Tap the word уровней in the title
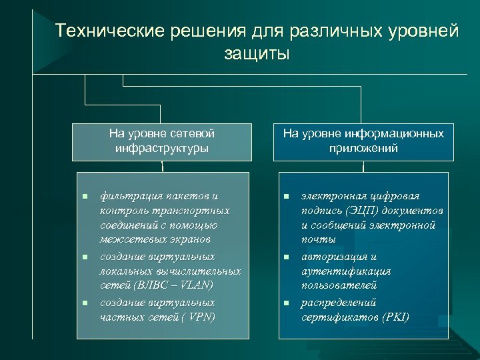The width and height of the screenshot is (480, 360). tap(421, 31)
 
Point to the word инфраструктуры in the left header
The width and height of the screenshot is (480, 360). tap(161, 148)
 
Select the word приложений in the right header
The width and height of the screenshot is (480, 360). tap(363, 148)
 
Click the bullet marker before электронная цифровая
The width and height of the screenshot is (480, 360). tap(286, 197)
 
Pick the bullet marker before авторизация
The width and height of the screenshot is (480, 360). tap(286, 257)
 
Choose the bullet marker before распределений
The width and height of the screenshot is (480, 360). tap(286, 302)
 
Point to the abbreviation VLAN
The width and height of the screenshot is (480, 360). tap(197, 286)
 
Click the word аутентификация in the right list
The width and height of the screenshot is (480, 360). tap(346, 271)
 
